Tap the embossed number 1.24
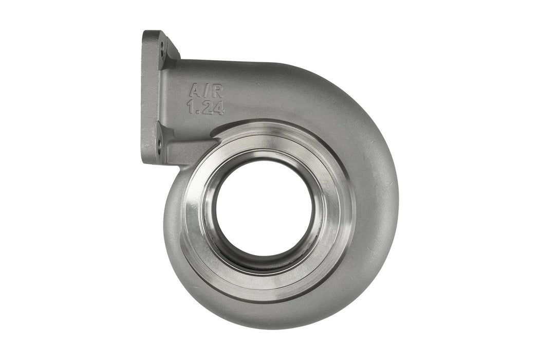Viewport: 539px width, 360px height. [206, 107]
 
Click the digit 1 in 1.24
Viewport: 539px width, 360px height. [191, 107]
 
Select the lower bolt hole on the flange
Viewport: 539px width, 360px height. [159, 144]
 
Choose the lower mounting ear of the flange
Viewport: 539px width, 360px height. [156, 147]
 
